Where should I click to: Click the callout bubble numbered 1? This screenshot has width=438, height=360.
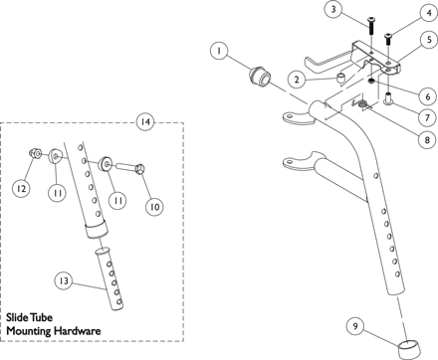[219, 51]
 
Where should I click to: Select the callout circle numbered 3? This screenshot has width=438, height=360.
[333, 9]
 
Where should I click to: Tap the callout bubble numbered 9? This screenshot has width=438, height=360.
[355, 326]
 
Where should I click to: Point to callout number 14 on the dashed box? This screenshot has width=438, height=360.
[145, 121]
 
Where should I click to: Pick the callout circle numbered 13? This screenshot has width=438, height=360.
[64, 281]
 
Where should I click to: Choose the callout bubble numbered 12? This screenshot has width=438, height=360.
[21, 188]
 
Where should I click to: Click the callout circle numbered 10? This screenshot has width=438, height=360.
[154, 207]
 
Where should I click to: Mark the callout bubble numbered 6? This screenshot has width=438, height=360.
[427, 96]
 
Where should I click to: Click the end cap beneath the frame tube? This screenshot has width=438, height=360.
[410, 350]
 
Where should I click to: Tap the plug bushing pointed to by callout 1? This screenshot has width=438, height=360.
[260, 77]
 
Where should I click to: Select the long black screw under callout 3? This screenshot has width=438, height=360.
[371, 27]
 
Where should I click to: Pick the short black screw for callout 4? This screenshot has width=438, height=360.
[387, 40]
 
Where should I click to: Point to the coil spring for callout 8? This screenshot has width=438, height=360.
[362, 105]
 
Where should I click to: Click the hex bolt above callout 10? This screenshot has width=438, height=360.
[129, 167]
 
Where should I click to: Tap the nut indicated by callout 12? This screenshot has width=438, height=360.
[35, 153]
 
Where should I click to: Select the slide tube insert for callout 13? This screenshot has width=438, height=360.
[109, 278]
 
